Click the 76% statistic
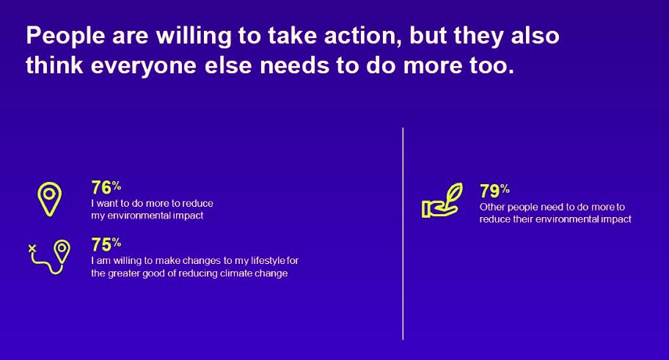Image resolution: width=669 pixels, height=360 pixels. point(106,188)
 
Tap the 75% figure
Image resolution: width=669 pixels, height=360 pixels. point(106,245)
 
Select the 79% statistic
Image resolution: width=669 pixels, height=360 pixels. point(494,191)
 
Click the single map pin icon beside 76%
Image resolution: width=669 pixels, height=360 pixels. point(49,199)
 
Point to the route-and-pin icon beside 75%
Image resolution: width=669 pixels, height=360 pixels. point(50,257)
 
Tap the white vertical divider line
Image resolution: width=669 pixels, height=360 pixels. point(403,233)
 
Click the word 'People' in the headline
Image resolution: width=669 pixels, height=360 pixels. point(66,36)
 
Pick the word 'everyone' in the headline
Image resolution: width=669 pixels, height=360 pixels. point(143,66)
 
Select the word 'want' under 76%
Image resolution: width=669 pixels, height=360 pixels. point(106,203)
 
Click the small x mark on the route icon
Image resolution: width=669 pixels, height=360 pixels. point(32,249)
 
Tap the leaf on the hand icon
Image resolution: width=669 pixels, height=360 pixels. point(454,193)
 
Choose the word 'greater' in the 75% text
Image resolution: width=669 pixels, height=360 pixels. point(123,273)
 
